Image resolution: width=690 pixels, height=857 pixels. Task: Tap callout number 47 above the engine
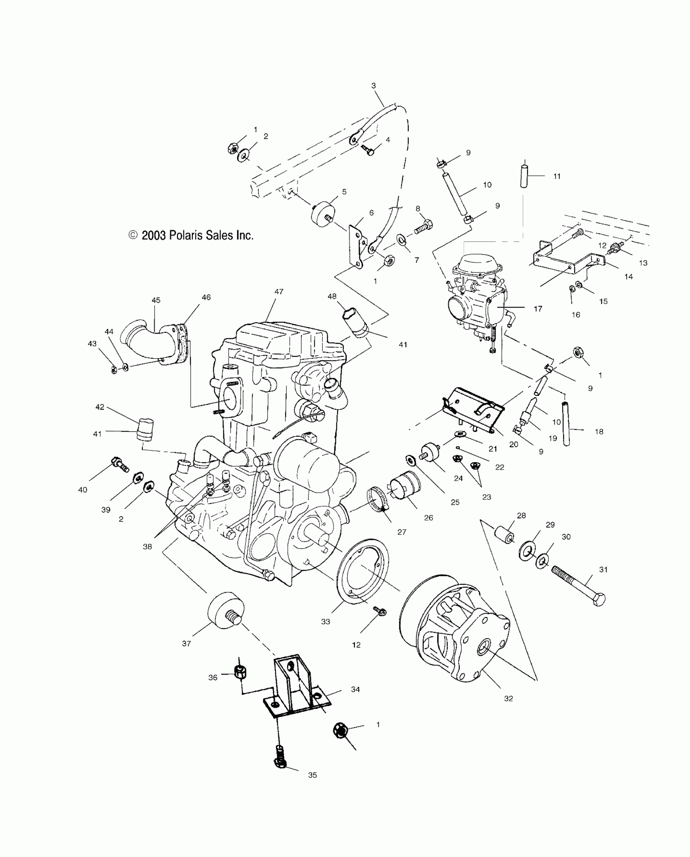pos(279,292)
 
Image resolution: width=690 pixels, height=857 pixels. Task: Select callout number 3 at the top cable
pos(373,86)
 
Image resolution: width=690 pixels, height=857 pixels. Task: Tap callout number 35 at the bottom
pos(312,775)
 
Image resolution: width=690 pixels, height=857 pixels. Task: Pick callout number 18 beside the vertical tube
pos(599,432)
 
